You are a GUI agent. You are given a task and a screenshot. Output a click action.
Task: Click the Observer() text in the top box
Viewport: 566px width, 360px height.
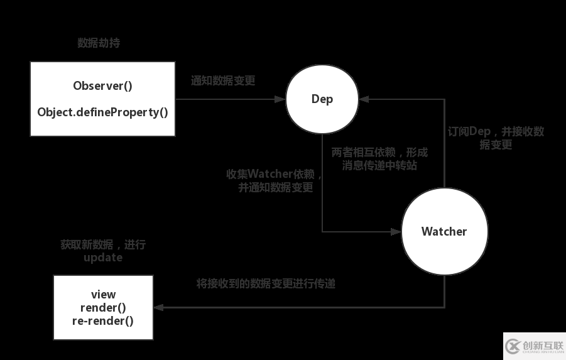pos(102,86)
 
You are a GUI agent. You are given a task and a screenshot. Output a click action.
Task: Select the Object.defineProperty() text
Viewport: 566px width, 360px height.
pos(102,112)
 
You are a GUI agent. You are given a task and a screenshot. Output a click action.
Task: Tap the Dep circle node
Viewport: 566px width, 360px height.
pos(322,99)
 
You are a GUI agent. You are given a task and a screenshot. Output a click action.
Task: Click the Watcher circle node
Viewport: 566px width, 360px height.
pos(444,231)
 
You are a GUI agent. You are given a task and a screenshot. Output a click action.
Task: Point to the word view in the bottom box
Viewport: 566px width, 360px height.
pos(103,294)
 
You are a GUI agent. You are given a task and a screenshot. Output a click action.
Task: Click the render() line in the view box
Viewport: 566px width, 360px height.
pos(103,307)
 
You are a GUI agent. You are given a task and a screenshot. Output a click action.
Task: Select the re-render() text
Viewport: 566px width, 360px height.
pos(103,320)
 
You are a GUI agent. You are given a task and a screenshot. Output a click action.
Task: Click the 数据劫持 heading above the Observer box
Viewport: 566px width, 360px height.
pos(99,43)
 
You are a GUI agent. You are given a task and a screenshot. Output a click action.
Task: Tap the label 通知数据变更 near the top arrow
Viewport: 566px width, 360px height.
pos(223,81)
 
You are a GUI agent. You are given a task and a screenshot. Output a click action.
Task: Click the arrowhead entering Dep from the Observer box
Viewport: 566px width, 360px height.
pos(281,99)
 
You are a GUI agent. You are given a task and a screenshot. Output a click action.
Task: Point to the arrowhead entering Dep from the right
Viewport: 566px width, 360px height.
pos(364,99)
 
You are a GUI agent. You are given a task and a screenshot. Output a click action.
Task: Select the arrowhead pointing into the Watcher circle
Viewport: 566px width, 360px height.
pos(396,231)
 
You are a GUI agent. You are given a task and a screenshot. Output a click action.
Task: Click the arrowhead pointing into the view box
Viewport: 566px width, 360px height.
pos(158,307)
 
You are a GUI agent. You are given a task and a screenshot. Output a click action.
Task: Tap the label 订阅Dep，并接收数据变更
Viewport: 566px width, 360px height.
pos(496,138)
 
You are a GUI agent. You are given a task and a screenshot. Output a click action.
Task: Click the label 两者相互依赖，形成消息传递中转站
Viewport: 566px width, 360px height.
pos(379,159)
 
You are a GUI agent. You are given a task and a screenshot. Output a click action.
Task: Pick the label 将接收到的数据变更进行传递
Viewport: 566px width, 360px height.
pos(266,283)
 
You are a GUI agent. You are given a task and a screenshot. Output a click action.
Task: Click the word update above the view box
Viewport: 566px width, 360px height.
pos(103,258)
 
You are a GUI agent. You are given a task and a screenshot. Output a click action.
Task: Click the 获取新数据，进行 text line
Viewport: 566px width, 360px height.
pos(103,244)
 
